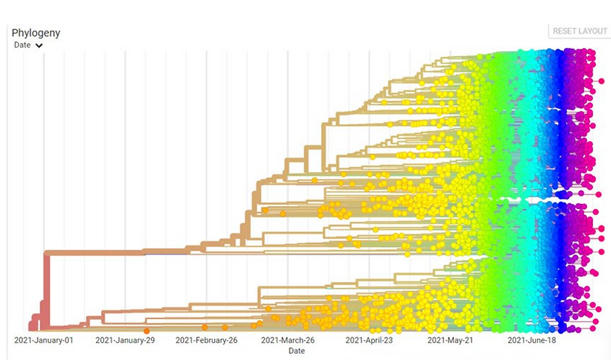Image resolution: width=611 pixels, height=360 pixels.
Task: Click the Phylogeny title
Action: pos(36,33)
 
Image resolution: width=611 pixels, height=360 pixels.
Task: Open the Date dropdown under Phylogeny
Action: pos(22,45)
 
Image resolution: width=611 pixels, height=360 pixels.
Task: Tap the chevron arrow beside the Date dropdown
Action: pos(39,46)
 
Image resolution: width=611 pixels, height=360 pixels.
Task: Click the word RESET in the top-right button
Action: pos(565,31)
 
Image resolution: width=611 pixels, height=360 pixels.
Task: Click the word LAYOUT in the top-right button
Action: pos(593,31)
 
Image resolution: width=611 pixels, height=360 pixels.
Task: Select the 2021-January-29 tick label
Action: pos(125,340)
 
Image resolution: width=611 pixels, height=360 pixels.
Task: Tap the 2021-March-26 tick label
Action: pos(288,340)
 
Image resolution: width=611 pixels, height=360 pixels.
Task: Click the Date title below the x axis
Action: pos(297,351)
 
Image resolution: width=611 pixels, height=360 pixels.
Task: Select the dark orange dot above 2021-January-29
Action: pos(147,330)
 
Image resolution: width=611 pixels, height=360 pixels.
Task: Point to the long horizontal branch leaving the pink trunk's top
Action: pos(119,252)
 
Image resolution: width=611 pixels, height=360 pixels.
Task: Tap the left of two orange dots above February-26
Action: pos(205,327)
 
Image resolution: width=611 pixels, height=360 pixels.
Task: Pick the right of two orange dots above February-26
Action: pos(225,327)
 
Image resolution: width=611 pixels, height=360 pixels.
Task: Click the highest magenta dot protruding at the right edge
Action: pos(600,81)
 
